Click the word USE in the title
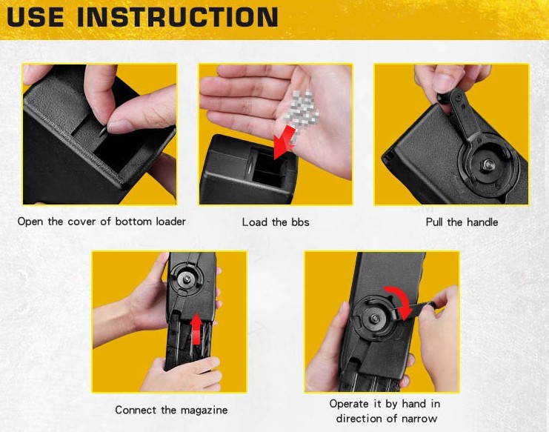(36, 16)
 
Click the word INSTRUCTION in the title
(178, 16)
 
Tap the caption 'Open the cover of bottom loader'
(102, 222)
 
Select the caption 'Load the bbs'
(276, 222)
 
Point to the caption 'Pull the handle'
(462, 222)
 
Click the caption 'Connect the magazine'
(171, 410)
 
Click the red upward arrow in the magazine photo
(197, 329)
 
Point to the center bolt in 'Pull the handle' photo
(488, 164)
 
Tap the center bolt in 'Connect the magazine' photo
(187, 279)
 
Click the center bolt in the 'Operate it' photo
(376, 318)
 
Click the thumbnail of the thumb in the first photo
(118, 127)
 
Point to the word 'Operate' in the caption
(349, 404)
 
